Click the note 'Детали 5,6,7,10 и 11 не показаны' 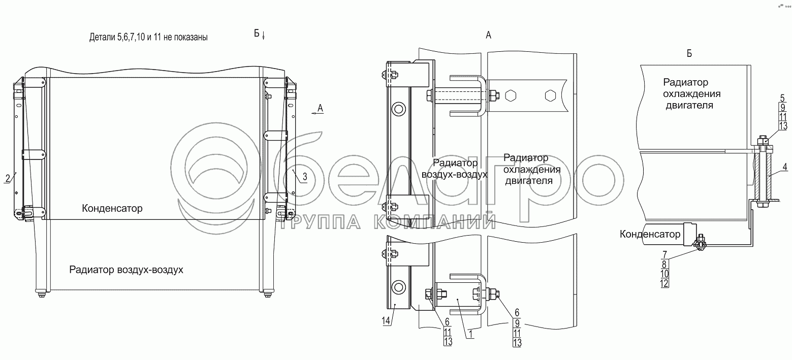click(148, 37)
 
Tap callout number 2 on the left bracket click(8, 178)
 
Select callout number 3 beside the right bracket click(305, 177)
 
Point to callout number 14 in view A click(386, 321)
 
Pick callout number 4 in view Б click(784, 167)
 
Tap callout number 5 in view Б click(782, 98)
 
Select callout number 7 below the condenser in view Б click(664, 254)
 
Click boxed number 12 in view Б click(664, 283)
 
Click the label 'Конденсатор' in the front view click(112, 209)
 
